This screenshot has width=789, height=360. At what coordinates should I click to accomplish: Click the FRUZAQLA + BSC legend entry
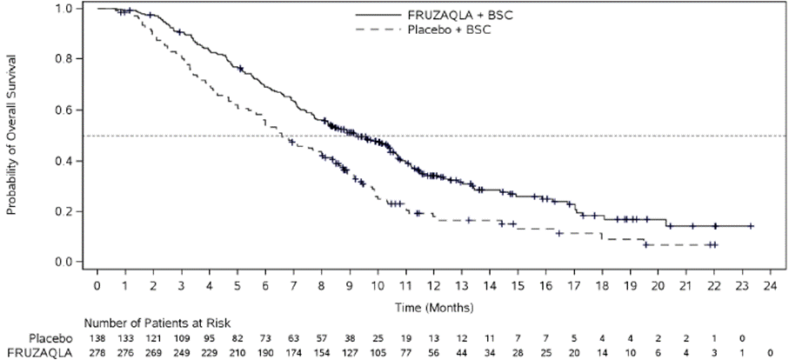point(434,16)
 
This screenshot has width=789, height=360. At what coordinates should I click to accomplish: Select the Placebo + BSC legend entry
point(423,30)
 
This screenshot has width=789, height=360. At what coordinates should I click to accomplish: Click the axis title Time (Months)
point(433,306)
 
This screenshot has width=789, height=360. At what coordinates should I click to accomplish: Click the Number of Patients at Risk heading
point(157,323)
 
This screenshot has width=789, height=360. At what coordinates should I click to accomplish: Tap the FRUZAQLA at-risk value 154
point(320,353)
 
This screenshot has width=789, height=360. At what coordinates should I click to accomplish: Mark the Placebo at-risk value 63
point(292,338)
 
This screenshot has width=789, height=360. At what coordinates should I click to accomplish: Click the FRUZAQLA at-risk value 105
point(377,353)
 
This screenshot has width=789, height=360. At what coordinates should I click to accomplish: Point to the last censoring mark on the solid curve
point(751,226)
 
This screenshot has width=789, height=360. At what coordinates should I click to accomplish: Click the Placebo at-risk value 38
point(348,338)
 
